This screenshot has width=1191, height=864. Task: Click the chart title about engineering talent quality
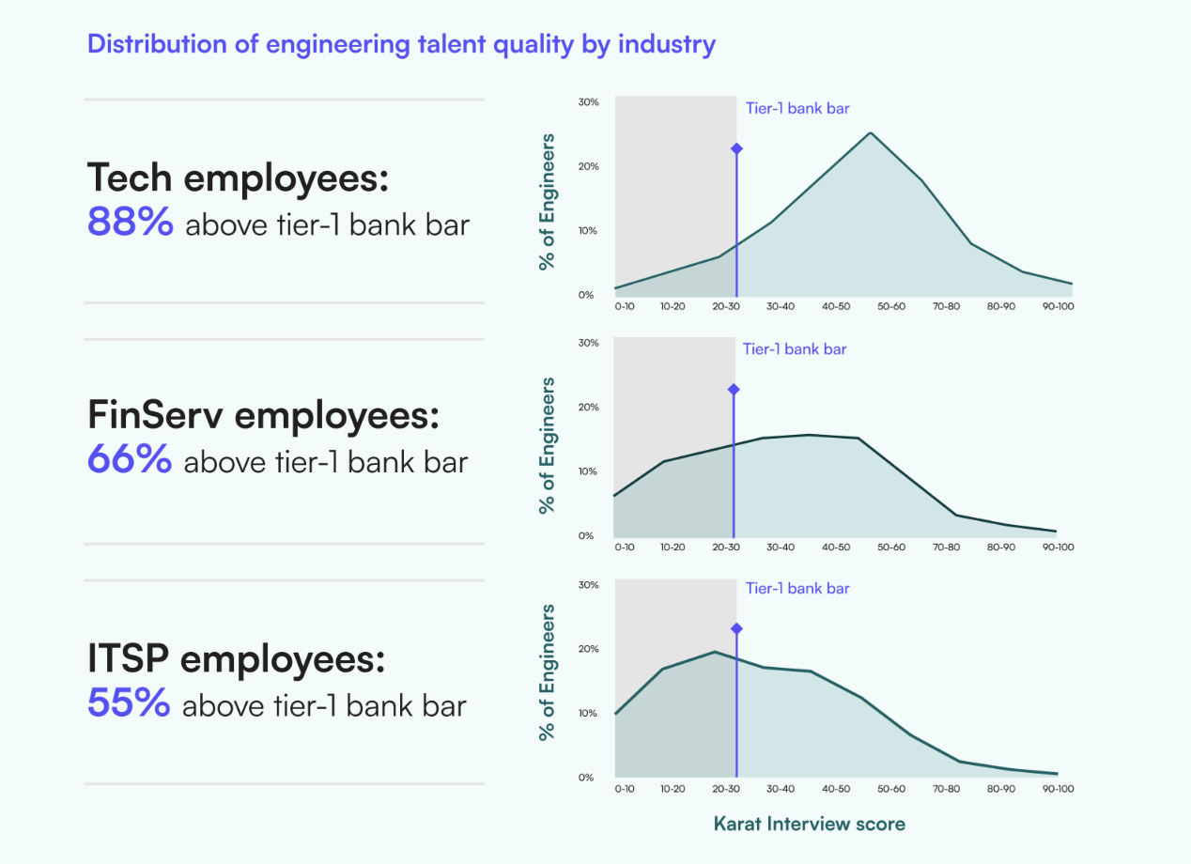[x=401, y=44]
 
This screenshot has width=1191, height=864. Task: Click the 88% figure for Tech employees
[x=131, y=223]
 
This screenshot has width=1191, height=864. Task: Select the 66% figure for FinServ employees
[x=130, y=459]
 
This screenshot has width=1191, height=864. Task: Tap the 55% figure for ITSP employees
[x=129, y=702]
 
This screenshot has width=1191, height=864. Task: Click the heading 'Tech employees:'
[x=238, y=177]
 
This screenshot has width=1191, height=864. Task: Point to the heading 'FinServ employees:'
[x=263, y=414]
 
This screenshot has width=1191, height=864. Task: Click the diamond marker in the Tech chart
[x=736, y=148]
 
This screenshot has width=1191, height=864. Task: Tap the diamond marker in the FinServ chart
[x=734, y=389]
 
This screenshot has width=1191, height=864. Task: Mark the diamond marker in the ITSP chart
[x=736, y=628]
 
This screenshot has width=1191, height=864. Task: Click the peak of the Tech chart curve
[x=870, y=133]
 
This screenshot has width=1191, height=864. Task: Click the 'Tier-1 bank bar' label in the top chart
[x=797, y=108]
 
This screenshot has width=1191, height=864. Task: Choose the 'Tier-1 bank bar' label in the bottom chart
[x=797, y=589]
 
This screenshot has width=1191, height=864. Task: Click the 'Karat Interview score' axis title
[x=809, y=824]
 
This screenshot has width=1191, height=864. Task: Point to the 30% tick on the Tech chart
[x=588, y=101]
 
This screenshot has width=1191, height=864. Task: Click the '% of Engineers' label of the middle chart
[x=547, y=445]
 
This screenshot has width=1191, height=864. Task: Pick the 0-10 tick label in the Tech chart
[x=625, y=306]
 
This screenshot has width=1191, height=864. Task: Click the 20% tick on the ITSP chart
[x=588, y=649]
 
